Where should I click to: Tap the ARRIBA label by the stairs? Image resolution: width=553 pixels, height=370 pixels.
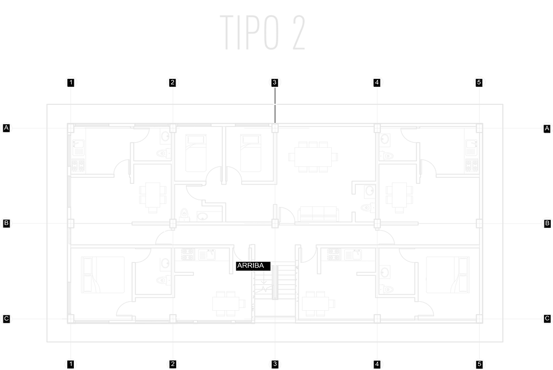[251, 265]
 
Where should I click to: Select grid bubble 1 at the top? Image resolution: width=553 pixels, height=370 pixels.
[71, 82]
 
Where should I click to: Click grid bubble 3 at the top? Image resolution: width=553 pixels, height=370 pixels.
[274, 82]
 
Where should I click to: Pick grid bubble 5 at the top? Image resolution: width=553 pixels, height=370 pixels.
[479, 82]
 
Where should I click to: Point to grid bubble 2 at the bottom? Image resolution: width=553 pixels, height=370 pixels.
[173, 364]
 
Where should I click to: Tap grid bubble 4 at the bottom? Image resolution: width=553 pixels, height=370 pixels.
[377, 364]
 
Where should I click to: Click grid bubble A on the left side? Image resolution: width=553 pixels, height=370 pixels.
[7, 129]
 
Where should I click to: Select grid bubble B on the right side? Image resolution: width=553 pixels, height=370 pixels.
[546, 223]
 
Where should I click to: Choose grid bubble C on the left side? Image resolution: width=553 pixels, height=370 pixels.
[7, 319]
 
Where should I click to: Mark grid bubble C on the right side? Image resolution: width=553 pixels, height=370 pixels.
[546, 319]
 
